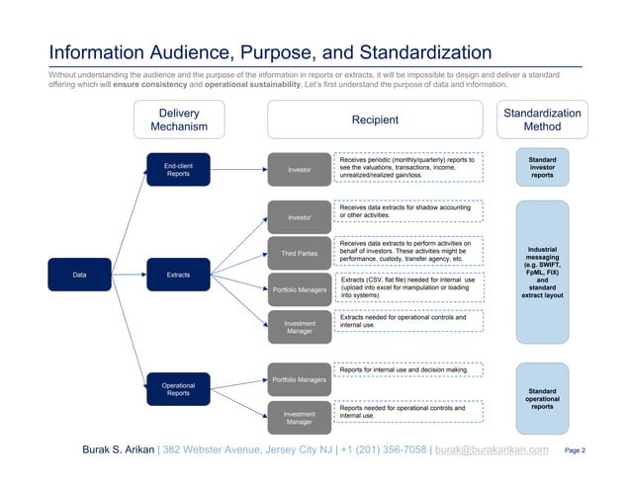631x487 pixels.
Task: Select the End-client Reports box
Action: pyautogui.click(x=178, y=170)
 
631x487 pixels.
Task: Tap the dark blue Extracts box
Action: pyautogui.click(x=178, y=274)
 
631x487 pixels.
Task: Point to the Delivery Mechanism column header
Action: pyautogui.click(x=179, y=120)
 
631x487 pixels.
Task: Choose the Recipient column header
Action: pyautogui.click(x=375, y=120)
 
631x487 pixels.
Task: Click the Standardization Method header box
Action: pyautogui.click(x=542, y=120)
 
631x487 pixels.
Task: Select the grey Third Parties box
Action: pyautogui.click(x=299, y=254)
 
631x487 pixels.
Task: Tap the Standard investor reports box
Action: pyautogui.click(x=542, y=168)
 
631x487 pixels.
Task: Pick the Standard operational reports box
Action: pyautogui.click(x=542, y=399)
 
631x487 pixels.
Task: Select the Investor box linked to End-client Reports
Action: pyautogui.click(x=299, y=170)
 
